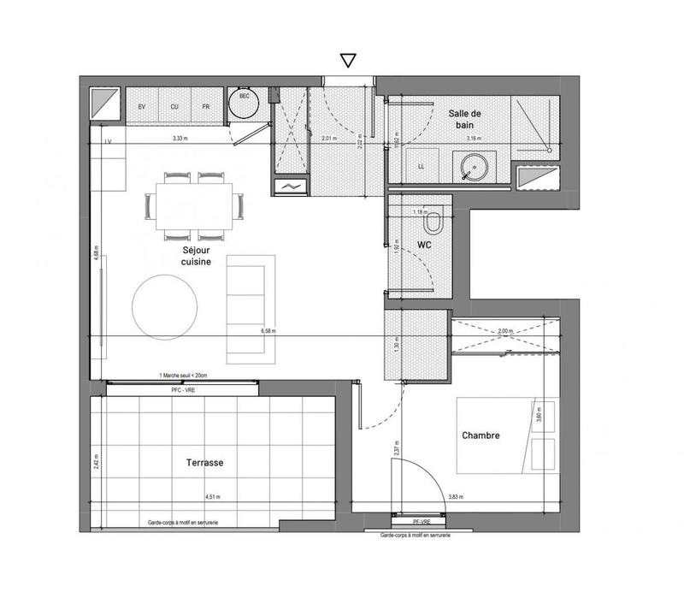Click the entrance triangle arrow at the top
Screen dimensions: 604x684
pos(347,60)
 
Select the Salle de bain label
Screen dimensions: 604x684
pos(466,119)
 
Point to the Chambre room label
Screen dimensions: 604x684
pos(481,435)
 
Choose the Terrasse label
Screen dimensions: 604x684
pos(204,462)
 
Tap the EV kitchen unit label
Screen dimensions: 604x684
pos(142,106)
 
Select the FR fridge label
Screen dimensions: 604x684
pos(205,106)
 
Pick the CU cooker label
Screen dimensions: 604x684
pos(174,106)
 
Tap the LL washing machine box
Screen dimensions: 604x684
pos(422,166)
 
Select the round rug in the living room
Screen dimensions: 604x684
pos(165,305)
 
